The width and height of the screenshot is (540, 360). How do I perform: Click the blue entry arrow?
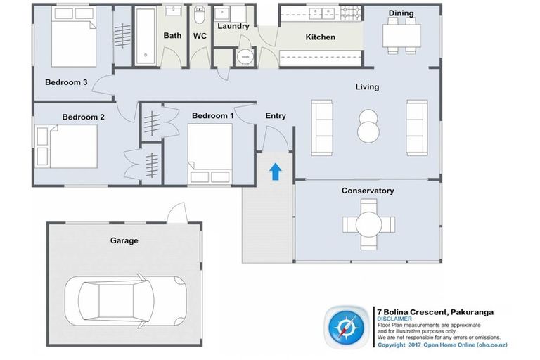(275, 172)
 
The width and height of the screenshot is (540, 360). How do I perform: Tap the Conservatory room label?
(368, 191)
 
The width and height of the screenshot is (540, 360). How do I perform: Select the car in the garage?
(126, 301)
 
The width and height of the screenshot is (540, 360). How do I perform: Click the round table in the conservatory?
(369, 224)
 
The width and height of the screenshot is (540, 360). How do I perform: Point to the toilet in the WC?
(200, 14)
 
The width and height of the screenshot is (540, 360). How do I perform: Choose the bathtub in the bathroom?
(146, 35)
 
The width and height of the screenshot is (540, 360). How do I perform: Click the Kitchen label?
(321, 37)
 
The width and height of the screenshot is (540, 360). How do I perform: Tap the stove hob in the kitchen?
(351, 13)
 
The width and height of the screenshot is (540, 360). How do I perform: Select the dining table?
(401, 36)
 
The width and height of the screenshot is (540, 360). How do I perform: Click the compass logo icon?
(346, 327)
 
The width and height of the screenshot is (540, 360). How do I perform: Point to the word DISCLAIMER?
(394, 319)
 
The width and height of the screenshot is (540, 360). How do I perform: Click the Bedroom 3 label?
(66, 82)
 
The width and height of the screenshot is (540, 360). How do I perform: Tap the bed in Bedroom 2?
(66, 146)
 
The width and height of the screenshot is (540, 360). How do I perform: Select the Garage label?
(124, 240)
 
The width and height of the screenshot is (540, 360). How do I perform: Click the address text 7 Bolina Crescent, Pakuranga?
(435, 312)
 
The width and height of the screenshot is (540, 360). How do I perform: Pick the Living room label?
(367, 86)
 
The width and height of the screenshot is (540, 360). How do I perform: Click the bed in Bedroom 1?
(210, 154)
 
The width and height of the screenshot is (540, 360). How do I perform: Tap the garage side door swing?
(177, 212)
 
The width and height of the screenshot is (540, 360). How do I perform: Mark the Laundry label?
(233, 26)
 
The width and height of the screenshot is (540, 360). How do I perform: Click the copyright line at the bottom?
(442, 345)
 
